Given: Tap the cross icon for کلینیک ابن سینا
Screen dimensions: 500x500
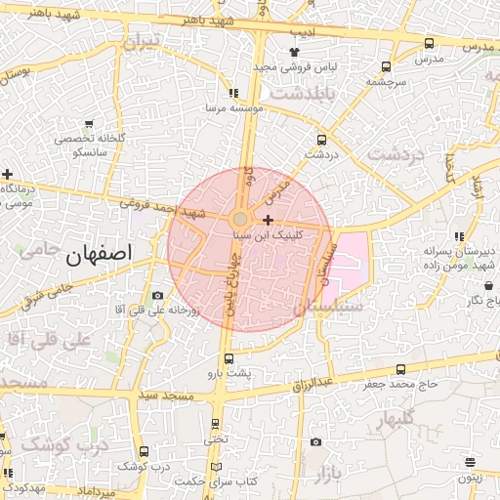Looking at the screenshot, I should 269,221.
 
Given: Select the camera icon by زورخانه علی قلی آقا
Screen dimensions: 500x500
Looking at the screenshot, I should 158,296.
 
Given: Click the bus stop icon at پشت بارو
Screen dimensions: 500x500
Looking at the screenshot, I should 229,358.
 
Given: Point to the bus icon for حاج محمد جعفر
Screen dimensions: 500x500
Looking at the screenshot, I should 401,369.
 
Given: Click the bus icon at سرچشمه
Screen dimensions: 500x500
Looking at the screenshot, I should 387,67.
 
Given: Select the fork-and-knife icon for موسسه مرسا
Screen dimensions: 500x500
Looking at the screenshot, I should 232,93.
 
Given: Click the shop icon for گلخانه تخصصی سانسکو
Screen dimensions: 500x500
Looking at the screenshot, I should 89,124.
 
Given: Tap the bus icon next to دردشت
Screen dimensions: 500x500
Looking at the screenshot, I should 322,140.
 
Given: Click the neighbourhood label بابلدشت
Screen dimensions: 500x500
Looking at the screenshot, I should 302,94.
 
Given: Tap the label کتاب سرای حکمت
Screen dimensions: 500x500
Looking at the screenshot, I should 216,480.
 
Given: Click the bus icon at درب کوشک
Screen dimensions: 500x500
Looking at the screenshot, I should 145,451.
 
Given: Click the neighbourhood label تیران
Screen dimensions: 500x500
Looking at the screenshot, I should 140,43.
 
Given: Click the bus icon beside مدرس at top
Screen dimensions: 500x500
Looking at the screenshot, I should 430,43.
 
